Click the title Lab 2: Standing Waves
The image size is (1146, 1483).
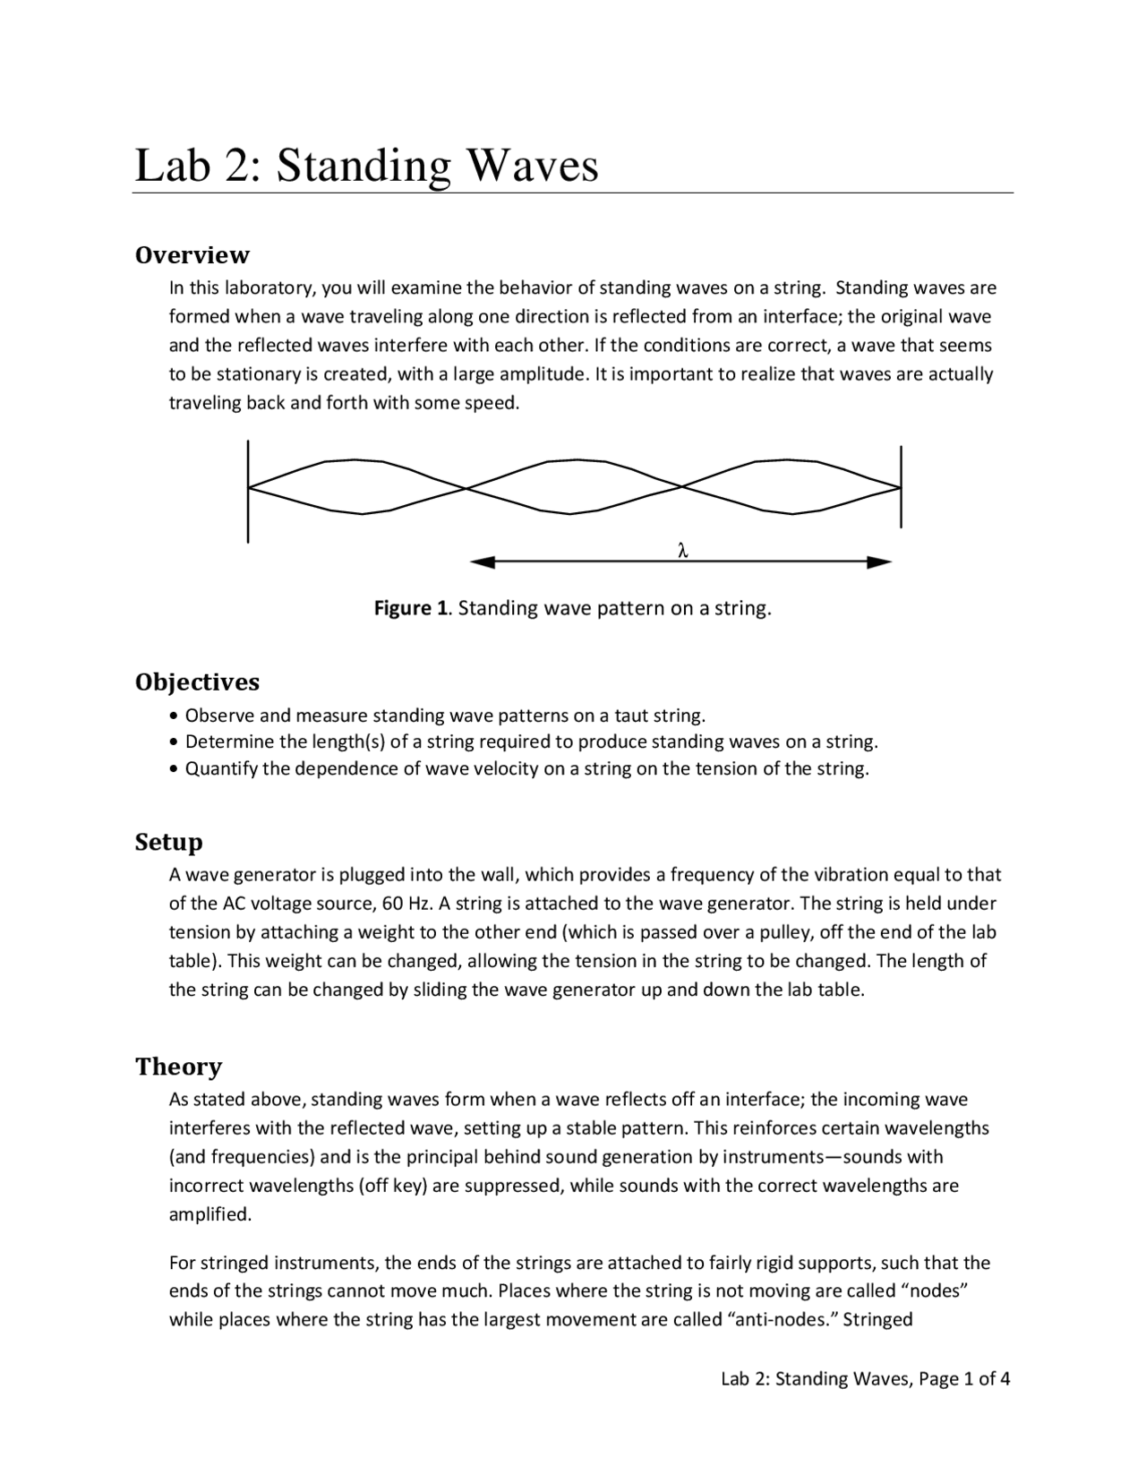click(366, 166)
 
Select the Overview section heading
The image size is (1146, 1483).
click(192, 255)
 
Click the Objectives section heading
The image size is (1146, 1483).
click(197, 682)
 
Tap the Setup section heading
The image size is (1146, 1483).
click(169, 842)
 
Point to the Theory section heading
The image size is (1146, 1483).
click(178, 1067)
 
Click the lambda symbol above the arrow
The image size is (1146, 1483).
click(682, 550)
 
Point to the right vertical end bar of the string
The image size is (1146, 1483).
click(901, 487)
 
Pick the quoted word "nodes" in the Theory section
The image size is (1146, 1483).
click(939, 1291)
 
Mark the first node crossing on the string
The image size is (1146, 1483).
click(466, 488)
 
